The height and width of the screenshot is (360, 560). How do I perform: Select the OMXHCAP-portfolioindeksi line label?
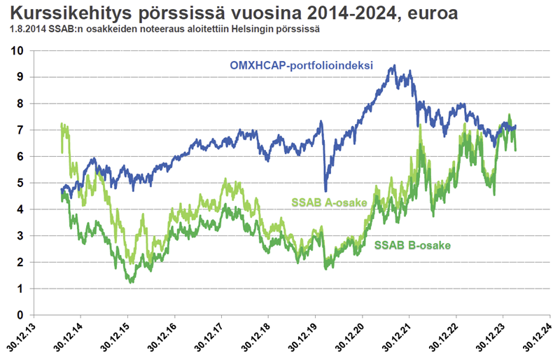(300, 66)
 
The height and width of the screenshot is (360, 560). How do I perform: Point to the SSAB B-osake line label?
(412, 245)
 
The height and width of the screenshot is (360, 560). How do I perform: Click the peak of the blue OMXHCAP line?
(394, 66)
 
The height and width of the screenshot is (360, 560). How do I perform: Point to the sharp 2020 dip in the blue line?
(325, 190)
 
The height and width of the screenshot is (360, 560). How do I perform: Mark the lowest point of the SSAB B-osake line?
(131, 282)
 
